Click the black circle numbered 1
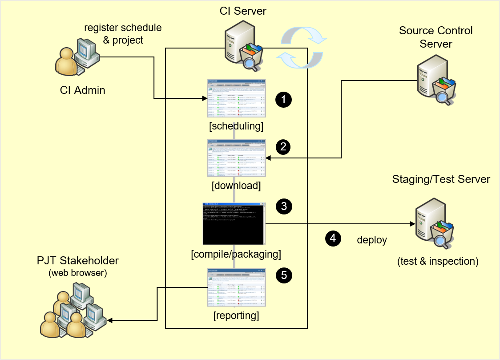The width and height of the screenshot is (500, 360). coord(283,99)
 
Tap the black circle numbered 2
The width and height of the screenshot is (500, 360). coord(283,146)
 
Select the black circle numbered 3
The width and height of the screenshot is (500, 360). coord(283,206)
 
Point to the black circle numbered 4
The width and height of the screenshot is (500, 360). coord(333,239)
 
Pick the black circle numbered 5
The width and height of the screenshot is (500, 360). coord(283,275)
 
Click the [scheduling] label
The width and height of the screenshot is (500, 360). coord(236,126)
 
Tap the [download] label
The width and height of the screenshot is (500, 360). coord(236,185)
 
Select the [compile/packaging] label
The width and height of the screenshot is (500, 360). coord(236,255)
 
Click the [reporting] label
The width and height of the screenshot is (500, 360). coord(236,316)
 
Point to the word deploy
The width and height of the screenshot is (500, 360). coord(372,240)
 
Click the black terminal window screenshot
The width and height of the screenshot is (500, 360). coord(234,223)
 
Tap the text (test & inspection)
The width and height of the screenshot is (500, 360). coord(438,261)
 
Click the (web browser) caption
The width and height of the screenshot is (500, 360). coord(78,272)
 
